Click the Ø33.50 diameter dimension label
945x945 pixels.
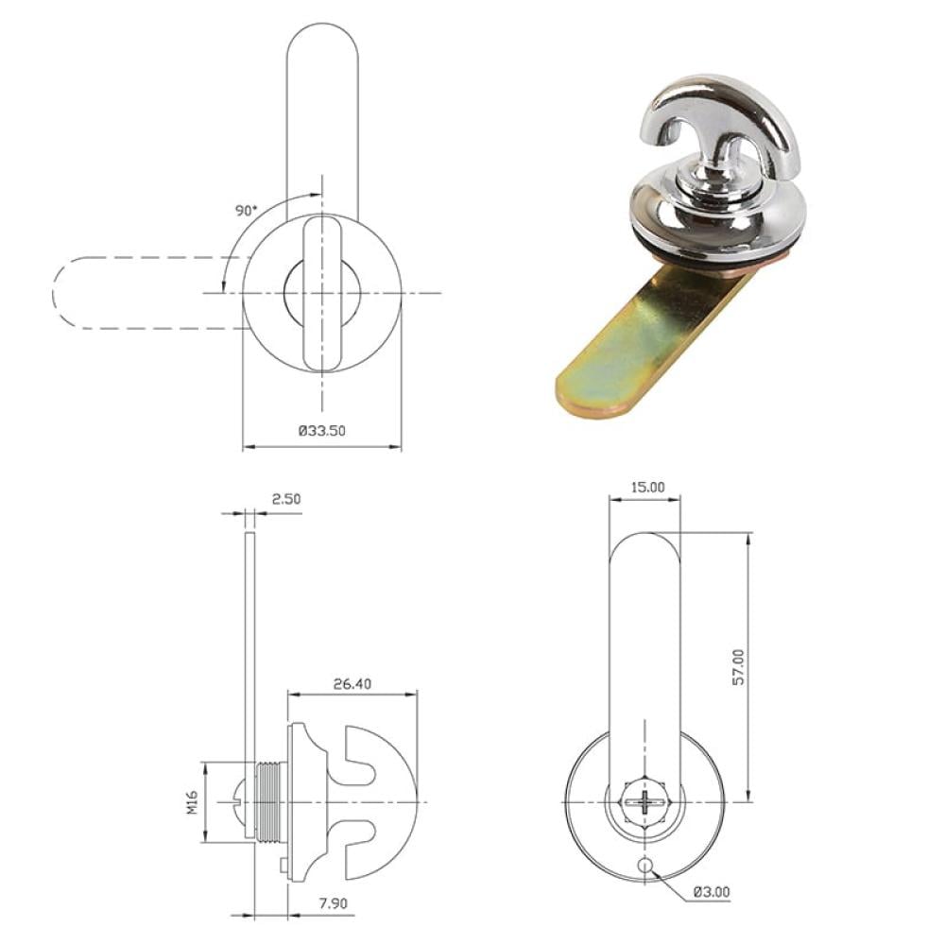pyautogui.click(x=322, y=430)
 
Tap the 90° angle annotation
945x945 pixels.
pyautogui.click(x=246, y=211)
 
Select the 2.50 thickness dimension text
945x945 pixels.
pyautogui.click(x=285, y=499)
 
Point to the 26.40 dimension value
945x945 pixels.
pyautogui.click(x=352, y=684)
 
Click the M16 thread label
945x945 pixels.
pyautogui.click(x=192, y=802)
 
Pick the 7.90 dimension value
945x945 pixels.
pyautogui.click(x=334, y=903)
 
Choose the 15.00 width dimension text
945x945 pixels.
pyautogui.click(x=647, y=487)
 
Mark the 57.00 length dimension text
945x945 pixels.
pyautogui.click(x=738, y=666)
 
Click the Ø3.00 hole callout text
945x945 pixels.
pyautogui.click(x=712, y=891)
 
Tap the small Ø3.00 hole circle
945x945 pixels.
pyautogui.click(x=644, y=866)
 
